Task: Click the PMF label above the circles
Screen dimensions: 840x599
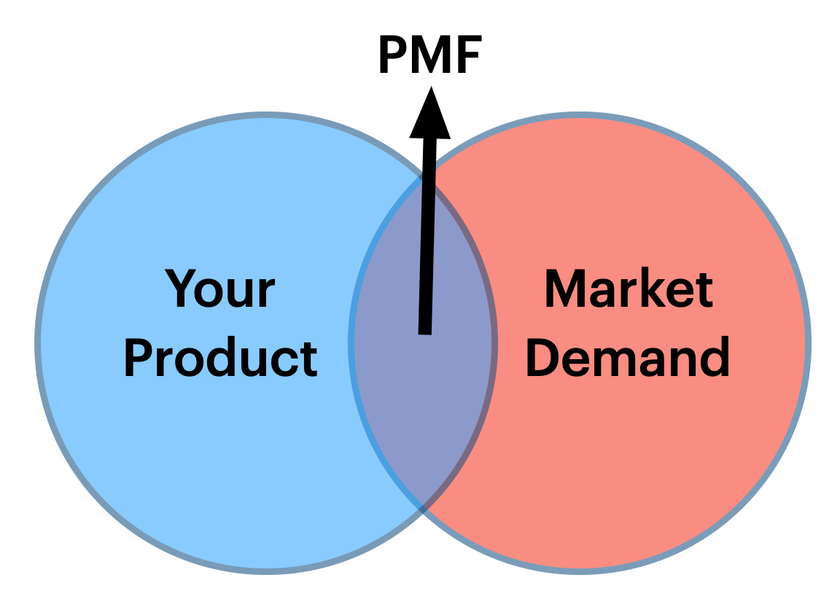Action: tap(430, 58)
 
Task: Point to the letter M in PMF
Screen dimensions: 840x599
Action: tap(431, 58)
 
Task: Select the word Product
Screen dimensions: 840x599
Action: tap(220, 358)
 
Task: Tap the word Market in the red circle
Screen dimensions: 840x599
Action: tap(629, 289)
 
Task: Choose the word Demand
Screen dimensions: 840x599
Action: tap(627, 358)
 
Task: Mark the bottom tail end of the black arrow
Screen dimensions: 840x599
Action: tap(424, 329)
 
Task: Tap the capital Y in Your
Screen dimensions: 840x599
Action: tap(181, 289)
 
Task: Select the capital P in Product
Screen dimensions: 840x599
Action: tap(137, 358)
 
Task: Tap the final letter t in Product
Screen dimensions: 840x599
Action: tap(310, 359)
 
